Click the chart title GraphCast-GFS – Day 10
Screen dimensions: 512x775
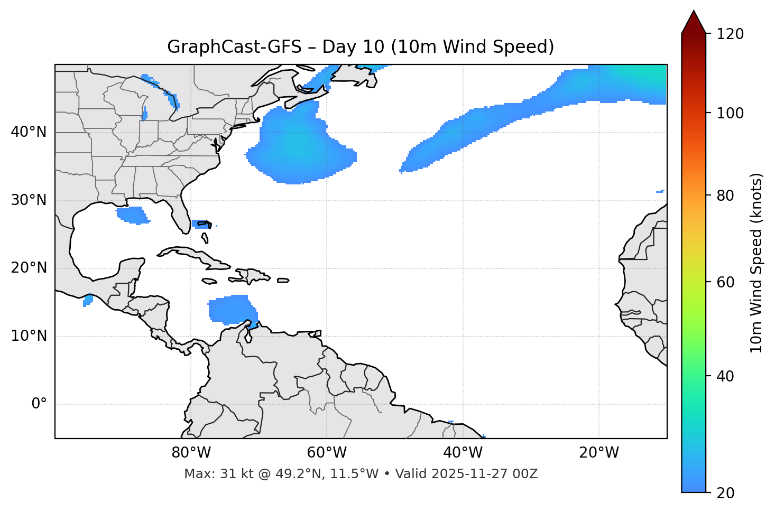point(361,47)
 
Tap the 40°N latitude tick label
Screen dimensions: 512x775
point(29,132)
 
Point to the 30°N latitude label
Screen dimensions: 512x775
point(29,200)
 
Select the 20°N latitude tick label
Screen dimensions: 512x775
point(29,268)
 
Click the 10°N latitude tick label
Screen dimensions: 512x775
point(29,336)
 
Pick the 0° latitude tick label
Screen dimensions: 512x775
point(39,404)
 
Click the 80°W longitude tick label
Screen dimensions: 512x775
point(191,453)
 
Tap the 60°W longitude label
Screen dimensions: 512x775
point(327,453)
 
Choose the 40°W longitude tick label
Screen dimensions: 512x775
point(463,453)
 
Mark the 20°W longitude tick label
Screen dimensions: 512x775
point(598,453)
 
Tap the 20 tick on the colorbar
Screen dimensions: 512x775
point(726,493)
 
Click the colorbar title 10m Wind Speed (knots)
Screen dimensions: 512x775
point(756,263)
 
